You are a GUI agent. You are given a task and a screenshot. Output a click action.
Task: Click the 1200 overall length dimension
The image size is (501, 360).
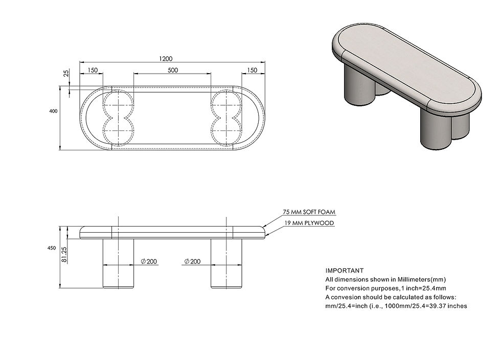click(166, 58)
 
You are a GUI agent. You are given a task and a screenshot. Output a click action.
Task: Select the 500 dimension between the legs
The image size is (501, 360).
click(173, 70)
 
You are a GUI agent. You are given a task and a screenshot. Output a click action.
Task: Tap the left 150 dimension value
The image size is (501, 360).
click(93, 70)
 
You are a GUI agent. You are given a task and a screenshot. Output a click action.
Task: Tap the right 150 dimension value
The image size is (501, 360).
click(252, 70)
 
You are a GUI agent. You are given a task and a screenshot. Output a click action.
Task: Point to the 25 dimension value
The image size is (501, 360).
click(66, 73)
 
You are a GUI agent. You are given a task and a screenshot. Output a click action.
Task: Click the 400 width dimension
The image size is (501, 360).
click(53, 111)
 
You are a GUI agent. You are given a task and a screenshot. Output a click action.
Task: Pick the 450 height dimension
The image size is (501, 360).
click(52, 248)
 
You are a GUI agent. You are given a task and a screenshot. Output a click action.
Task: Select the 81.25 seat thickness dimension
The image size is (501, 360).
click(64, 255)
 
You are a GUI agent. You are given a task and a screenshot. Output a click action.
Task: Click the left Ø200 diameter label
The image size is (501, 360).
click(149, 261)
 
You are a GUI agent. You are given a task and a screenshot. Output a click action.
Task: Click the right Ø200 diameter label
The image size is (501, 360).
click(192, 261)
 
